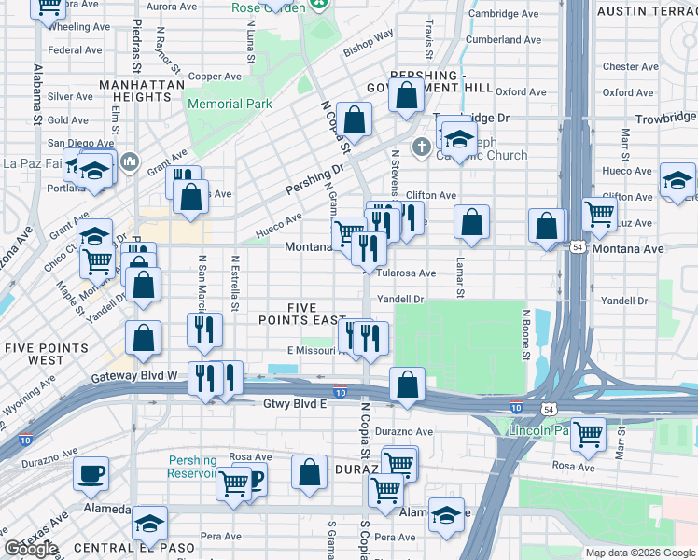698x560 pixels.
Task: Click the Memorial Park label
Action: pyautogui.click(x=230, y=105)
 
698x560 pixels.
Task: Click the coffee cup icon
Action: pyautogui.click(x=91, y=473)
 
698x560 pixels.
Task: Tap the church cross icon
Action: pyautogui.click(x=422, y=146)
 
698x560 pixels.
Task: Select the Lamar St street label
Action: pyautogui.click(x=460, y=278)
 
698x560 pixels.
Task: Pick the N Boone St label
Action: pyautogui.click(x=526, y=334)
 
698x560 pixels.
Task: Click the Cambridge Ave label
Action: pyautogui.click(x=504, y=14)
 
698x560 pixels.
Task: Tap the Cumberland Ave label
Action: pyautogui.click(x=504, y=40)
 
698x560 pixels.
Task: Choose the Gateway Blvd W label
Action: pyautogui.click(x=135, y=376)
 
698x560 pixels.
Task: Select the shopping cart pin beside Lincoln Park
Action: pyautogui.click(x=588, y=434)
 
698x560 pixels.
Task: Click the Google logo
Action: pyautogui.click(x=31, y=549)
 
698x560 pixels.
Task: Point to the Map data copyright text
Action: pyautogui.click(x=639, y=553)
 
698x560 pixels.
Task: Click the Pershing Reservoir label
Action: pyautogui.click(x=193, y=467)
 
